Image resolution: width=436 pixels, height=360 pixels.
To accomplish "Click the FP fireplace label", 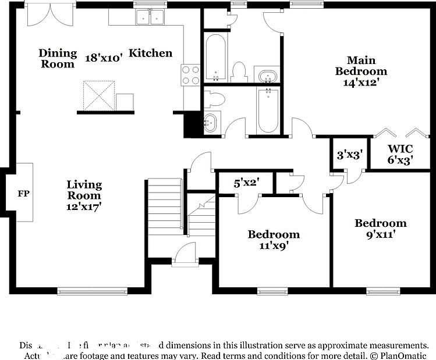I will click(23, 193).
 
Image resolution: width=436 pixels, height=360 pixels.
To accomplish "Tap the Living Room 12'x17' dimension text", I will click(84, 205).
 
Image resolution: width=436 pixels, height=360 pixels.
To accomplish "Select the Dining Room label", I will click(58, 59).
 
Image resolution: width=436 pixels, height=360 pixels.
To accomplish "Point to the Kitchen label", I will click(150, 54).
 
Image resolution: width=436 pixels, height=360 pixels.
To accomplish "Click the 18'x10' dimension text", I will click(103, 58).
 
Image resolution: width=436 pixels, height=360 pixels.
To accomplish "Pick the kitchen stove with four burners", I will click(190, 74).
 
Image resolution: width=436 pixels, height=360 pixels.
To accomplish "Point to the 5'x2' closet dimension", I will click(246, 183).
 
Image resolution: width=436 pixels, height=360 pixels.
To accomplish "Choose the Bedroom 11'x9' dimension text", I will click(274, 245).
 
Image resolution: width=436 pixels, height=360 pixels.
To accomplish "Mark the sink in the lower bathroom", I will click(211, 122).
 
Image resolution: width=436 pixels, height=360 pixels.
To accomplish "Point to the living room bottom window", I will click(92, 291).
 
